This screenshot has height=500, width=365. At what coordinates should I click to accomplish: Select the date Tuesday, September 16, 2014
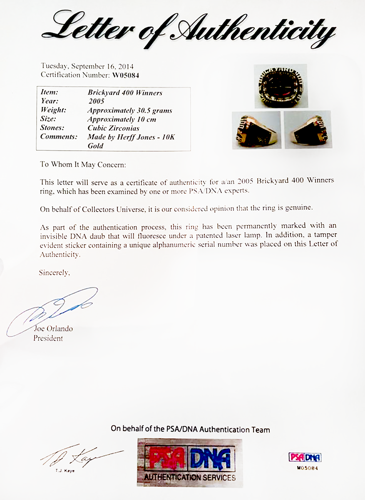pos(87,66)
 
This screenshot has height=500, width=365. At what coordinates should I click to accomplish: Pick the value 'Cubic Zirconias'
pos(113,128)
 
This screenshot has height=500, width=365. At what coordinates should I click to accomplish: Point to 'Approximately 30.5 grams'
pos(129,110)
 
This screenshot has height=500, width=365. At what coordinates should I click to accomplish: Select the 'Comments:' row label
pos(59,137)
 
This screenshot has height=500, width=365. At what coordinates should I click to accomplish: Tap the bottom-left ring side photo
pos(256,130)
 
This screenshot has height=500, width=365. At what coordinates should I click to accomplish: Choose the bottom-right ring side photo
pos(308,130)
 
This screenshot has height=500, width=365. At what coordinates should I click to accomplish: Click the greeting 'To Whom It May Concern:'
pos(83,164)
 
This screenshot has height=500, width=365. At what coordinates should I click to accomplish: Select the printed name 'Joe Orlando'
pos(53,329)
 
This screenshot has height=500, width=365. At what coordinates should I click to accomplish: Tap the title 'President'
pos(48,338)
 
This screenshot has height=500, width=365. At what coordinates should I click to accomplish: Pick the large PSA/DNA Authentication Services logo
pos(189,462)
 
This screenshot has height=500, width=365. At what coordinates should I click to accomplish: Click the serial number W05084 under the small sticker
pos(305,467)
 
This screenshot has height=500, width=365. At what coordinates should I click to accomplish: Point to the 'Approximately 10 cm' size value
pos(122,119)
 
